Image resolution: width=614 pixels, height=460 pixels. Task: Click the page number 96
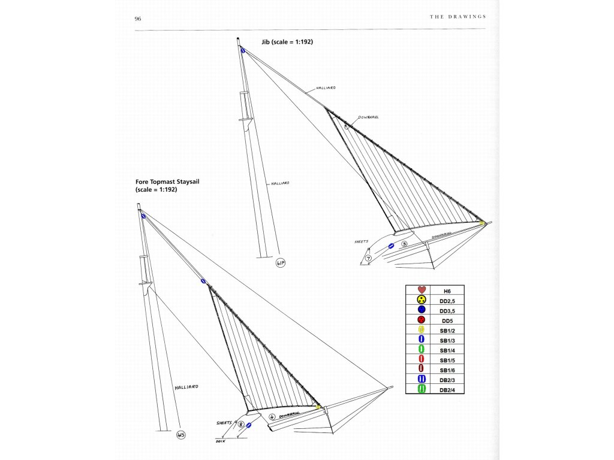click(138, 19)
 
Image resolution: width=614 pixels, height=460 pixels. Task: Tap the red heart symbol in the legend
click(421, 290)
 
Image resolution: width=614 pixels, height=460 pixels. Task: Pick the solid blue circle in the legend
click(421, 310)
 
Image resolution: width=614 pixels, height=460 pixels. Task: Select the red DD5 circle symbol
click(421, 320)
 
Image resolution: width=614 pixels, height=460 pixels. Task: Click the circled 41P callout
click(280, 262)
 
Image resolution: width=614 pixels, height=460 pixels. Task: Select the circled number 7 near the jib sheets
click(368, 258)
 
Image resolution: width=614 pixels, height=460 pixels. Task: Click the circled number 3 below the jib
click(404, 244)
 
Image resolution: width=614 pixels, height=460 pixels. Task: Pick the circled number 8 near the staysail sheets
click(240, 425)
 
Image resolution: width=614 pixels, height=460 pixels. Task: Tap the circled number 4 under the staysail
click(272, 417)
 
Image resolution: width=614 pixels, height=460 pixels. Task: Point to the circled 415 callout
click(180, 435)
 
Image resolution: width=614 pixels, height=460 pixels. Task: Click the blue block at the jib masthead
click(243, 51)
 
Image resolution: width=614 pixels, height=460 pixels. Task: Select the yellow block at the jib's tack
click(481, 223)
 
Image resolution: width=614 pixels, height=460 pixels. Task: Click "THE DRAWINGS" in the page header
click(458, 17)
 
